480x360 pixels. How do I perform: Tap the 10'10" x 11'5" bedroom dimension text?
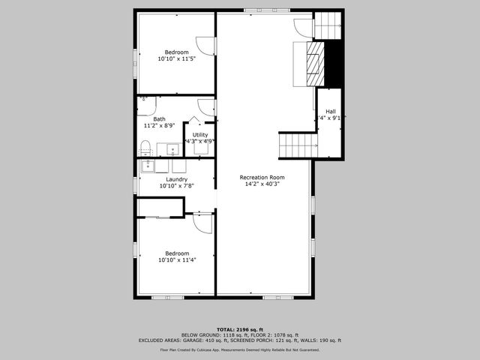coord(176,59)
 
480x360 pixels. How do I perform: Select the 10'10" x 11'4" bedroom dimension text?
coord(176,260)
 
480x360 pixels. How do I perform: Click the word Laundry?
coord(176,179)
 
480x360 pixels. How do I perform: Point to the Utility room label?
coord(200,135)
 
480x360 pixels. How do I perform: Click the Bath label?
coord(159,119)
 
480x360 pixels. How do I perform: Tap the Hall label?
coord(330,111)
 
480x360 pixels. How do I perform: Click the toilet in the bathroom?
coord(147,146)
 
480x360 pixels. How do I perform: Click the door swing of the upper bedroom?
coord(206,45)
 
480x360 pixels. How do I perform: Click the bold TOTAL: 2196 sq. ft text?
coord(239,329)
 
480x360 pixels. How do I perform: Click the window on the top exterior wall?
coord(262,10)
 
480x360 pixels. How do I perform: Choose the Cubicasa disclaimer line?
coord(239,349)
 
